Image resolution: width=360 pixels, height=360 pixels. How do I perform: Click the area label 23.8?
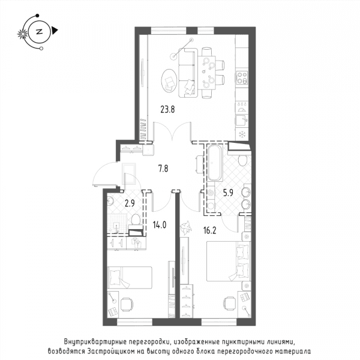pos(167,110)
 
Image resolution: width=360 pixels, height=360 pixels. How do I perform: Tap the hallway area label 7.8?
pos(163,169)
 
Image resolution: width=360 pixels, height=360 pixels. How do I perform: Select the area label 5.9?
pos(228,193)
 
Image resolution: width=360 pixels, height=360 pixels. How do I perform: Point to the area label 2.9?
pos(130,203)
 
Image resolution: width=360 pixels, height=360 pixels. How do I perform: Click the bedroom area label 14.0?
pos(160,225)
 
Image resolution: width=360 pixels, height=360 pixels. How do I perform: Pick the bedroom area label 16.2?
pos(209,230)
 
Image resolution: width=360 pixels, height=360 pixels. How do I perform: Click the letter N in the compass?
pos(40,32)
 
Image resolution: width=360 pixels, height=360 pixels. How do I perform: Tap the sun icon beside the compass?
pos(23,34)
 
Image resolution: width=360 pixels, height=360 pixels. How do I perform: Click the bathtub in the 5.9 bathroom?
pos(215,163)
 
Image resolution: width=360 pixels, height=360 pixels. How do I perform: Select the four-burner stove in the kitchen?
pos(242,77)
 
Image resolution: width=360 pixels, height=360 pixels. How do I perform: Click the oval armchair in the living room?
pos(169,81)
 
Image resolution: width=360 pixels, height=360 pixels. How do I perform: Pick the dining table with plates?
pos(209,73)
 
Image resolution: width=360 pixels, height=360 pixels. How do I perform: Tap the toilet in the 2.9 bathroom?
pos(136,222)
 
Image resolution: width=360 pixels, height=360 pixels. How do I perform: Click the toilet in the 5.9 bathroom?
pos(242,160)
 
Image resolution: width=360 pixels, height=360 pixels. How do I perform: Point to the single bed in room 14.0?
pos(130,278)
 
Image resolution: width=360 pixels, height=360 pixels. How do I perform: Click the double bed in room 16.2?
pos(229,261)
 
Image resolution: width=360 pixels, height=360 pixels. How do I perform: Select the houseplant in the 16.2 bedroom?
pos(186,228)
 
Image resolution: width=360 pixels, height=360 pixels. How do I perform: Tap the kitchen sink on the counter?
pos(242,120)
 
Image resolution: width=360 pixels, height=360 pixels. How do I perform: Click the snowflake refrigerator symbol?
pos(242,134)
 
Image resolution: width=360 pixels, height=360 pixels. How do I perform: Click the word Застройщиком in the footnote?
pos(110,351)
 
